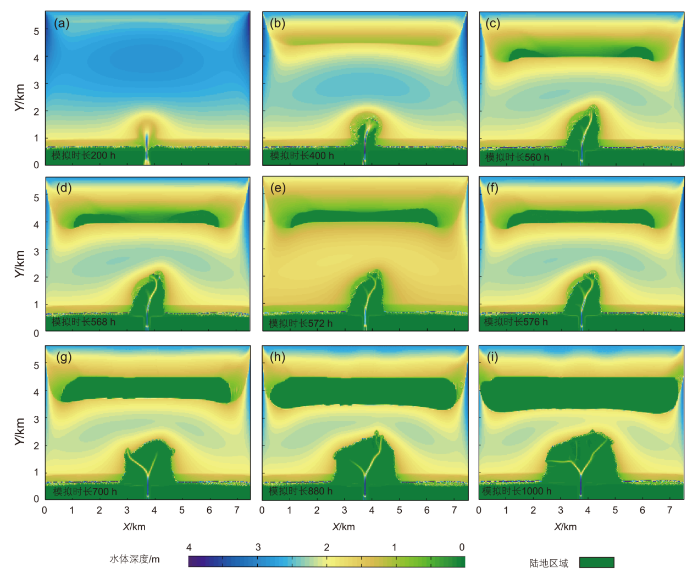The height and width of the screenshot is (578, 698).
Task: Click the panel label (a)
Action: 62,24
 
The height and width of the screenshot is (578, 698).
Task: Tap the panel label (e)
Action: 278,189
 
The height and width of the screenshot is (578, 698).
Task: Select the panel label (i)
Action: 492,357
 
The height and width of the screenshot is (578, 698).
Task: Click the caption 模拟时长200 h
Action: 84,156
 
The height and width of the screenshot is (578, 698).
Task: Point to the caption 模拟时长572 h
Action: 301,323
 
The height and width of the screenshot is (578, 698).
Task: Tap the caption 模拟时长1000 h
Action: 517,491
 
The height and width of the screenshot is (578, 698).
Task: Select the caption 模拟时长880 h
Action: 301,491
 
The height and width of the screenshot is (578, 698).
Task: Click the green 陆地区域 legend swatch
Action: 596,563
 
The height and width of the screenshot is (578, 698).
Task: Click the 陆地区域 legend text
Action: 549,563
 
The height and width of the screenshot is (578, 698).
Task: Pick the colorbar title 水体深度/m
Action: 135,559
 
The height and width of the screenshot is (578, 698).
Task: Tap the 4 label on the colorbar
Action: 189,547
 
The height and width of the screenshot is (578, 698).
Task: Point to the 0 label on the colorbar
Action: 462,547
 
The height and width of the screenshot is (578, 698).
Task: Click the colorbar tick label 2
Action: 326,547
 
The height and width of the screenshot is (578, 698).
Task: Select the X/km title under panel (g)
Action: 134,527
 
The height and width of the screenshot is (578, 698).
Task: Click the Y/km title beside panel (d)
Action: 20,264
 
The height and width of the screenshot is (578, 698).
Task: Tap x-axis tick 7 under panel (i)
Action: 669,510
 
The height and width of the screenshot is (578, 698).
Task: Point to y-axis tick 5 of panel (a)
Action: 36,31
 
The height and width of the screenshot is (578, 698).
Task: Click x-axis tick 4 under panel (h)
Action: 372,510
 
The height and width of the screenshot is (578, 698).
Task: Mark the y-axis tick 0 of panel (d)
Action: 36,333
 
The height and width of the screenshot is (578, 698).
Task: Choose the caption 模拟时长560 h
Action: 517,157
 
